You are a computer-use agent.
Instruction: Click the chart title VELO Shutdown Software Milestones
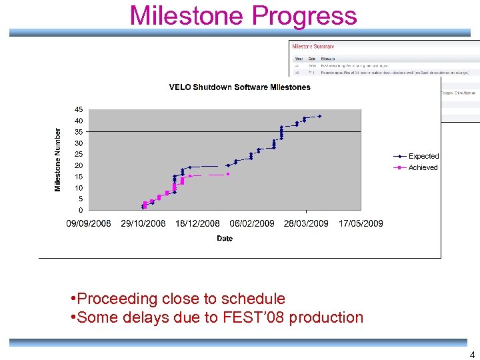pyautogui.click(x=239, y=87)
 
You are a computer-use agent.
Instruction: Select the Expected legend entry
pyautogui.click(x=423, y=156)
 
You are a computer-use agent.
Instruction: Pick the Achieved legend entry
pyautogui.click(x=423, y=167)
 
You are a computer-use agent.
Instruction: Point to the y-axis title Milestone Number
pyautogui.click(x=58, y=160)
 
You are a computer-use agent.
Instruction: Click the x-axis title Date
pyautogui.click(x=225, y=239)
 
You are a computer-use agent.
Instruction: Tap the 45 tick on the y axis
pyautogui.click(x=79, y=109)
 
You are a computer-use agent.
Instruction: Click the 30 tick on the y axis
pyautogui.click(x=79, y=143)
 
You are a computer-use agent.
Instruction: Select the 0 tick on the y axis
pyautogui.click(x=81, y=210)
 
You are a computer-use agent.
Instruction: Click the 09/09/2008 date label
pyautogui.click(x=89, y=223)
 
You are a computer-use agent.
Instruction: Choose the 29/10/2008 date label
pyautogui.click(x=143, y=223)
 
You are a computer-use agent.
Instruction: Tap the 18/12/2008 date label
pyautogui.click(x=197, y=223)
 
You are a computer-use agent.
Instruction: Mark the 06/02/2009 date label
pyautogui.click(x=252, y=223)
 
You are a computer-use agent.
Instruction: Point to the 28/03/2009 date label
pyautogui.click(x=306, y=223)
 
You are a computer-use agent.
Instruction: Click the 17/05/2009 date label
pyautogui.click(x=361, y=223)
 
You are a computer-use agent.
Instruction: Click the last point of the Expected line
pyautogui.click(x=319, y=116)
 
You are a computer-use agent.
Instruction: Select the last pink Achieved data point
pyautogui.click(x=228, y=174)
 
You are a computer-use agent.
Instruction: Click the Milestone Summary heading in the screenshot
pyautogui.click(x=313, y=47)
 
